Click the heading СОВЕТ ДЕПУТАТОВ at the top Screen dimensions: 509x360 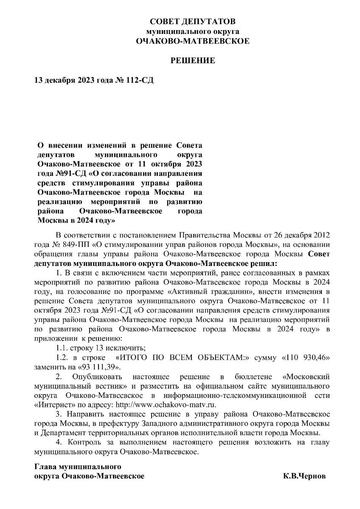[x=193, y=22]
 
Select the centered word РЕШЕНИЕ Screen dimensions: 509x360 [x=193, y=61]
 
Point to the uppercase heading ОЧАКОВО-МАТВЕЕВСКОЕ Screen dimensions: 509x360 [x=193, y=41]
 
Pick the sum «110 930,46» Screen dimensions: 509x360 [x=306, y=358]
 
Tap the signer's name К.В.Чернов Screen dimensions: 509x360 [x=305, y=476]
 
